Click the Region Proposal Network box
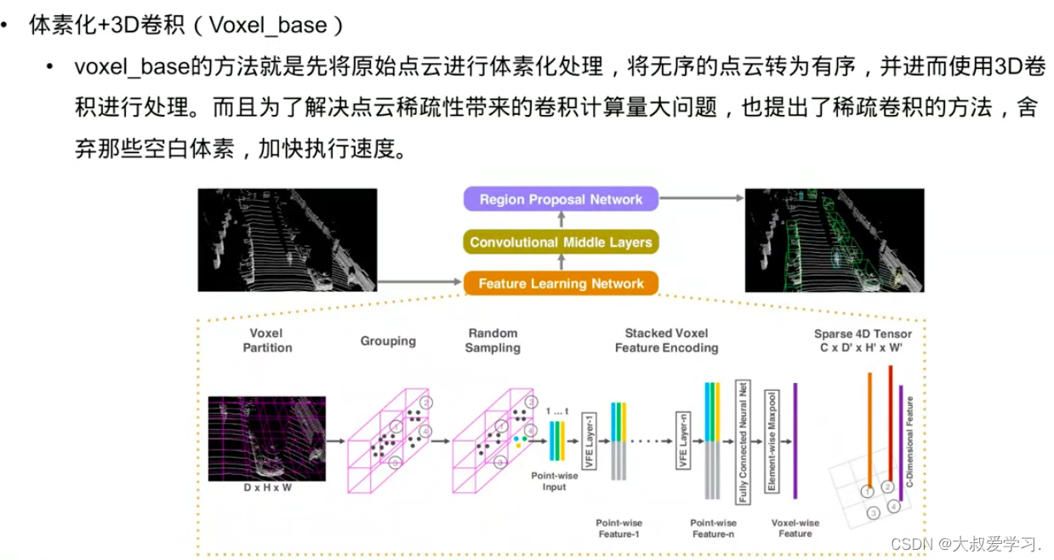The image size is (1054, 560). click(x=561, y=200)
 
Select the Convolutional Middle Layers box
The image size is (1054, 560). click(x=561, y=243)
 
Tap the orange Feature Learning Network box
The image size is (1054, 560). click(x=561, y=283)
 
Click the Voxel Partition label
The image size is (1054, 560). click(x=267, y=340)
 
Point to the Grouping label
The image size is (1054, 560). click(x=388, y=341)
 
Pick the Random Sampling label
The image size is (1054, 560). click(x=493, y=340)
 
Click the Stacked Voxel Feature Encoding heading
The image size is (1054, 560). click(x=666, y=340)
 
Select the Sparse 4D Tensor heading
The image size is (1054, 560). click(x=863, y=340)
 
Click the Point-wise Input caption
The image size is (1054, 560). click(x=555, y=481)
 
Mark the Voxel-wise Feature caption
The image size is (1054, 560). click(x=795, y=529)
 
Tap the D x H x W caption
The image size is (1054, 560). click(x=266, y=488)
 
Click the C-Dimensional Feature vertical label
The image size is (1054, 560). click(x=909, y=441)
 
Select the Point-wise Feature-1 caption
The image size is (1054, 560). click(x=619, y=529)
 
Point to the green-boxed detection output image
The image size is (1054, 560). click(x=834, y=240)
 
